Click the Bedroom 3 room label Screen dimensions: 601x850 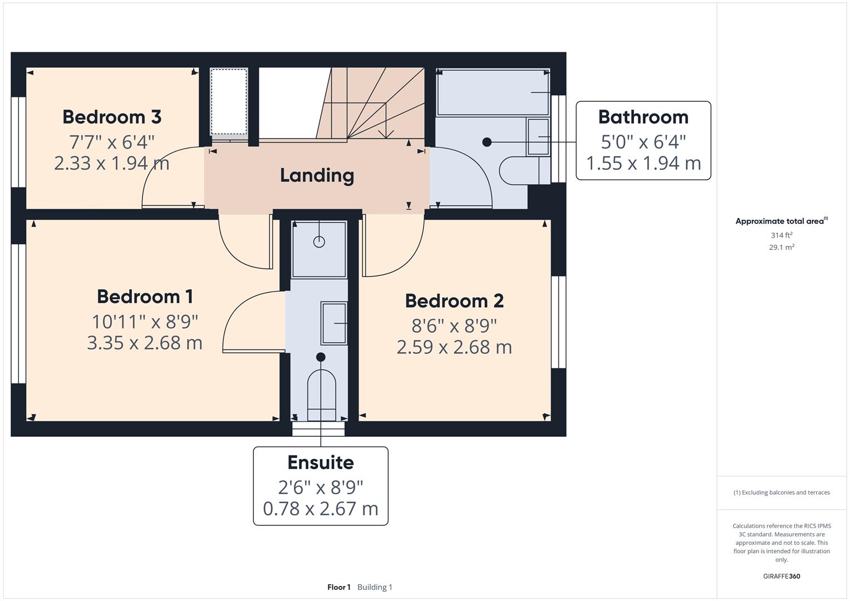[111, 117]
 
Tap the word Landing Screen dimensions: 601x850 [317, 175]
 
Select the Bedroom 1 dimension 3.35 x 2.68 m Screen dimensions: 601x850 [144, 342]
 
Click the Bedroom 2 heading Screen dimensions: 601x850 [454, 301]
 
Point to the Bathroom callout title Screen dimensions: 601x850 [643, 117]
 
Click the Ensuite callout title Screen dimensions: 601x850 [320, 462]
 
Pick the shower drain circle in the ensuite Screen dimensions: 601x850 [319, 242]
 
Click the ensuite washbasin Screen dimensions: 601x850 [334, 323]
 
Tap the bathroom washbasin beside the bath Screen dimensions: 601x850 [538, 136]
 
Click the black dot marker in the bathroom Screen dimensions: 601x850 [487, 142]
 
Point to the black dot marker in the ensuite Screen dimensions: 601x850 [321, 357]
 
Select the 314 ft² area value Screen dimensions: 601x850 [781, 235]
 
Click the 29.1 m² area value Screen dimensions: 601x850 [781, 247]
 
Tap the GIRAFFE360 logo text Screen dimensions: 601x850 [781, 576]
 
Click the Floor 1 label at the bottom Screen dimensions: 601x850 [338, 587]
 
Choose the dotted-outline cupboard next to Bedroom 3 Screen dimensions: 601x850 [229, 101]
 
